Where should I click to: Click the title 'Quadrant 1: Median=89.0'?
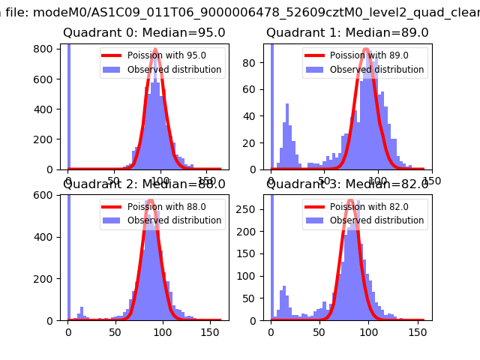[347, 33]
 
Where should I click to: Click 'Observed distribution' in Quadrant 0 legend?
[174, 70]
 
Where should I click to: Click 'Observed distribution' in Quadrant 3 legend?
[376, 220]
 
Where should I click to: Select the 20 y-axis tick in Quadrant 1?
[251, 142]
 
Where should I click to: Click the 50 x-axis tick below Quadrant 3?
[319, 331]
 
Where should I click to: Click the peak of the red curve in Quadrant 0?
[155, 50]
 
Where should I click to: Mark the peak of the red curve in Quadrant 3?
[350, 200]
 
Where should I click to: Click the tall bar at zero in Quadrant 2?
[68, 255]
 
